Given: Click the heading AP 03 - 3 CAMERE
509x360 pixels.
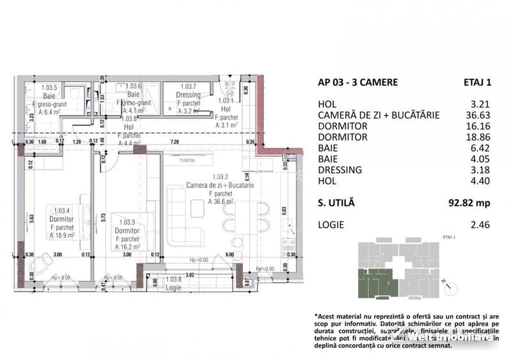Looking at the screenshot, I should coord(357,82).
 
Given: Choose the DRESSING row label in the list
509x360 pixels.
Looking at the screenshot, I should coord(340,169).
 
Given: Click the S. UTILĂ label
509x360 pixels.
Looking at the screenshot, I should coord(336,203).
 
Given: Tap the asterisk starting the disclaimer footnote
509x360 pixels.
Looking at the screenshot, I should coord(316,317).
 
